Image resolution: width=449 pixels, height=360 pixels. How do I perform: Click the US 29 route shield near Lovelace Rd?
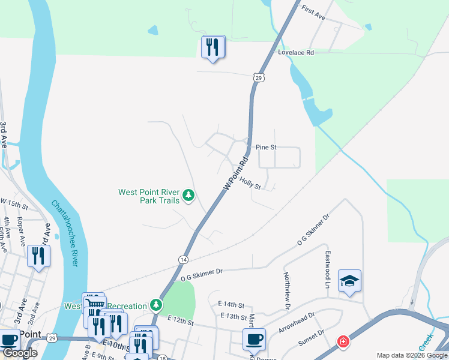tap(258, 77)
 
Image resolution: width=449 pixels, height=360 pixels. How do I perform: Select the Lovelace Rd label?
tap(296, 53)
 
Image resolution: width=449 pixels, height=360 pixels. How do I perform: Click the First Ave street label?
tap(313, 13)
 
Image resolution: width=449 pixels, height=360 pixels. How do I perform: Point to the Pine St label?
tap(265, 147)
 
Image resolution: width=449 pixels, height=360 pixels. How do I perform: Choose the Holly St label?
tap(250, 182)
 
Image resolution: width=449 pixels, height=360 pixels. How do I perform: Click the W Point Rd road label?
tap(236, 175)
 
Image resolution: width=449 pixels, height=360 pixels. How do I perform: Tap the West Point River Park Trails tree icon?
tap(188, 194)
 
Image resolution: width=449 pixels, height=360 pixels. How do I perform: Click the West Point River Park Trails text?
tap(149, 196)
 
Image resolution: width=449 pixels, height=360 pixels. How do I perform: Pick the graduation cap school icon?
tap(349, 280)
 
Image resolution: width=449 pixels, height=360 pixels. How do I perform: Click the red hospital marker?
tap(343, 341)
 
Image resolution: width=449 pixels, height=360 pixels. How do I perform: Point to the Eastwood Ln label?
tap(328, 269)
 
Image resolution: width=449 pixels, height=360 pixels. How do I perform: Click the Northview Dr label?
tap(287, 290)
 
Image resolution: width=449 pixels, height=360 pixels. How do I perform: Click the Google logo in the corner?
tap(20, 353)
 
